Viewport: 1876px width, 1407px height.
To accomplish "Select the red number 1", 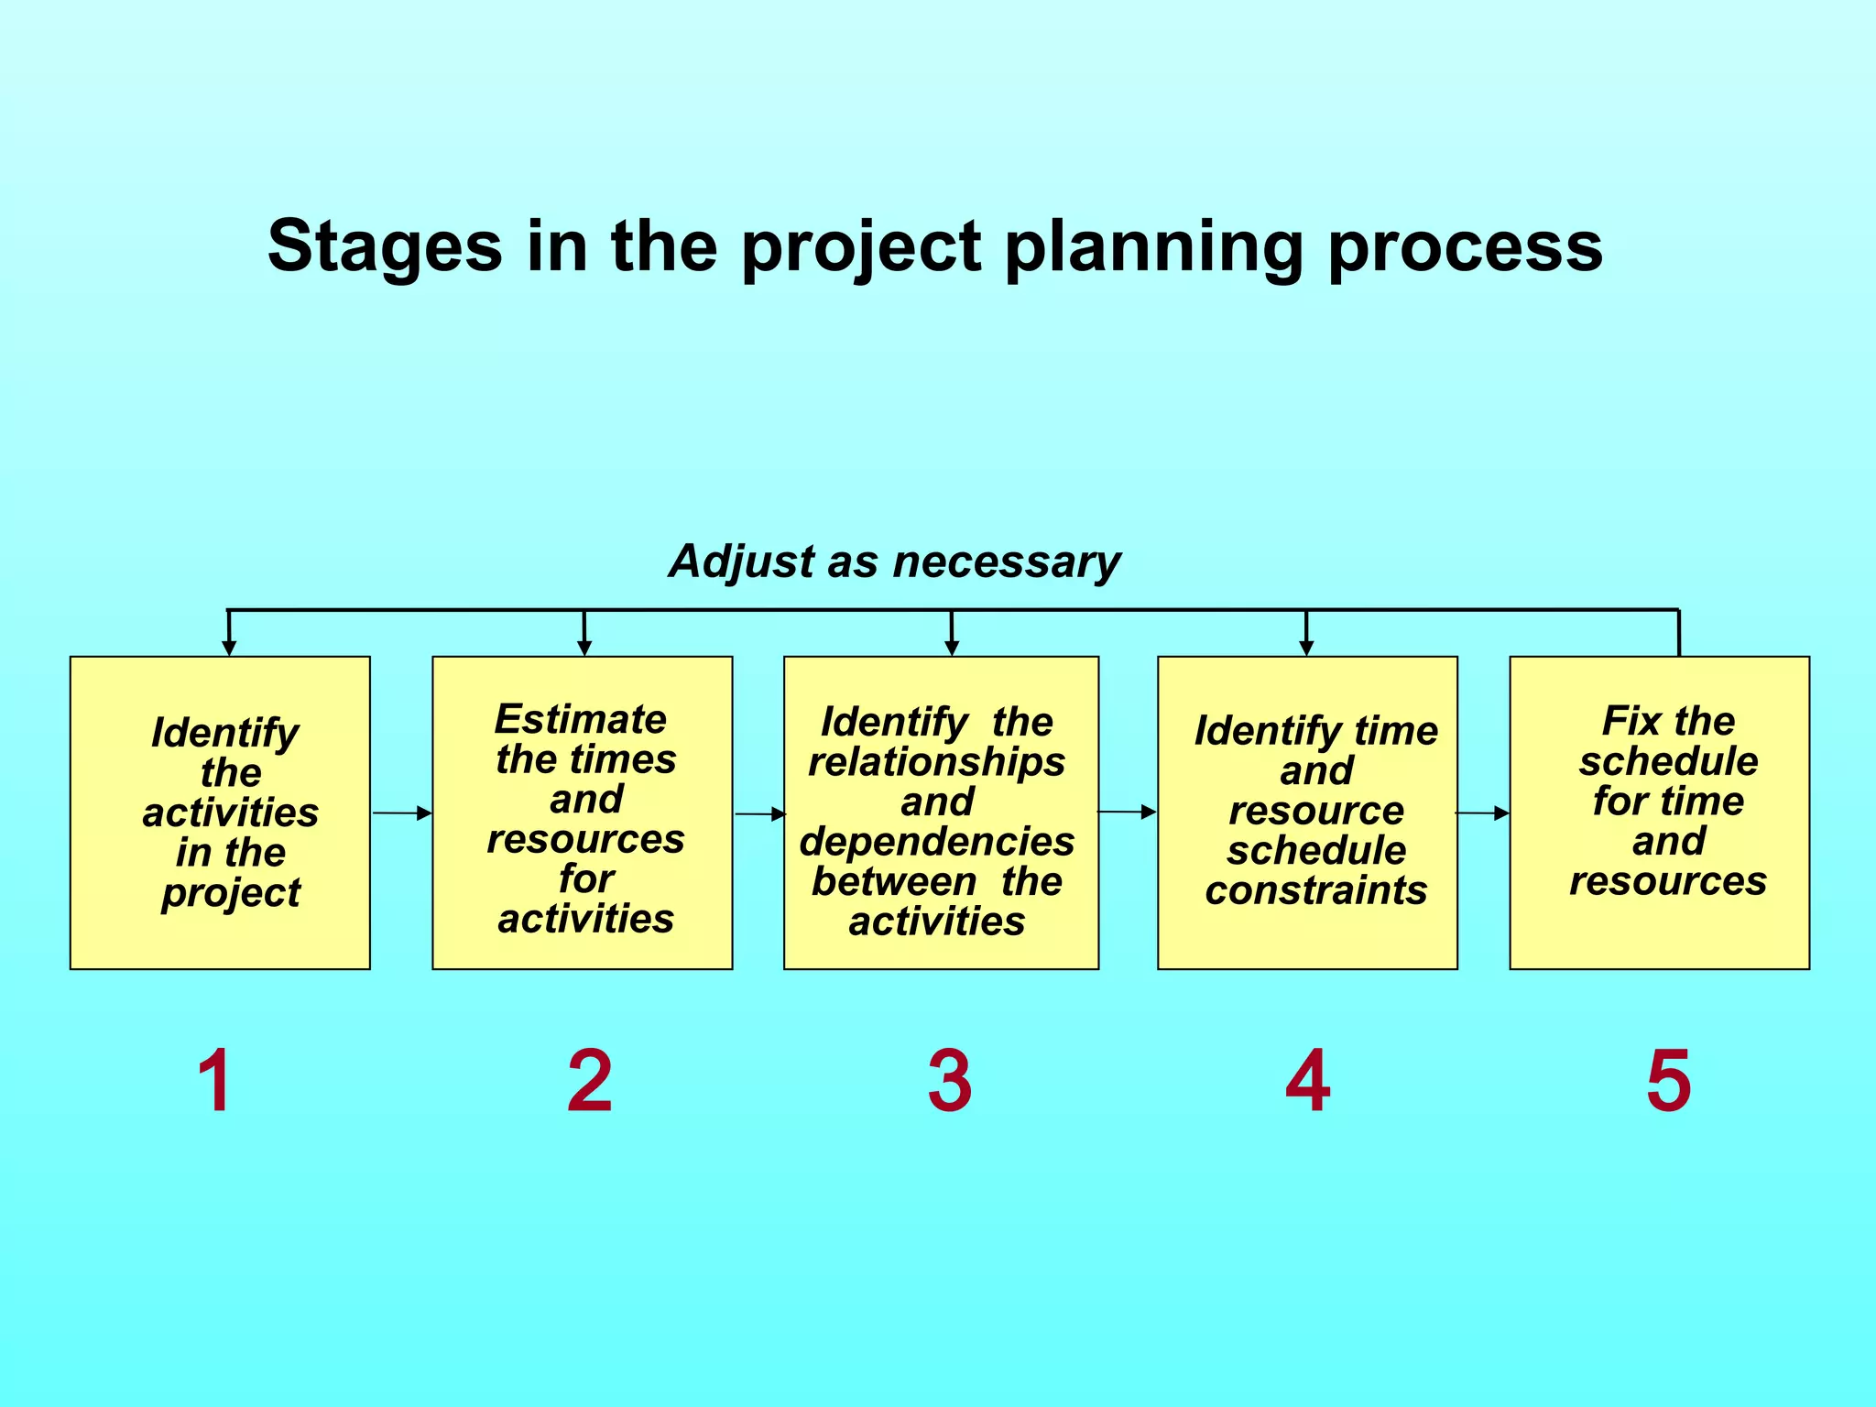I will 214,1081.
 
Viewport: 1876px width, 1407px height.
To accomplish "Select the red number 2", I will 589,1081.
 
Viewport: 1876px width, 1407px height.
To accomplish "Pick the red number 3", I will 949,1081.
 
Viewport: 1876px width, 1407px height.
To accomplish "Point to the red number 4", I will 1307,1081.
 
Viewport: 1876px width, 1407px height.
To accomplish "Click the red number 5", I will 1668,1081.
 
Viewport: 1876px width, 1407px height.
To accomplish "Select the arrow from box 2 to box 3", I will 759,813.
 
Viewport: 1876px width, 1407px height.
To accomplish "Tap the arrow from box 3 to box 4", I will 1128,812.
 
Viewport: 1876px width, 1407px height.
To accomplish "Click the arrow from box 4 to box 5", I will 1482,813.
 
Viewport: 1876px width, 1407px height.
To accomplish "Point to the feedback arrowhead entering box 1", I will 229,647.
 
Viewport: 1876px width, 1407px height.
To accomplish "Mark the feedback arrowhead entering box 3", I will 952,647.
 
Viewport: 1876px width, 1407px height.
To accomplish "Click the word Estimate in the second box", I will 581,719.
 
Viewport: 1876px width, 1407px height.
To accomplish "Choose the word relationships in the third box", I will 936,762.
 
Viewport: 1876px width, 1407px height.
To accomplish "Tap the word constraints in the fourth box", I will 1315,890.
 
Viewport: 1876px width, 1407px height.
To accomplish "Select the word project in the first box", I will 231,893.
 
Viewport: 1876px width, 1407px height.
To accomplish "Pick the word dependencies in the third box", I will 936,842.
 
